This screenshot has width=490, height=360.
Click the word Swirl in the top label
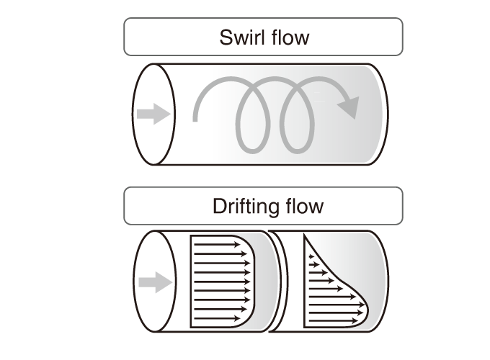[x=239, y=37]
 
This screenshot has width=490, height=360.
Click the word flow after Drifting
[x=300, y=207]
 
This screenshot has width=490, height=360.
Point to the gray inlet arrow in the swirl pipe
[x=153, y=114]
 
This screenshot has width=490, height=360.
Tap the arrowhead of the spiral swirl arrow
[x=349, y=107]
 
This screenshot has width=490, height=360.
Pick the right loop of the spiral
[x=298, y=119]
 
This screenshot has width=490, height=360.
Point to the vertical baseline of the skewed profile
[x=305, y=288]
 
